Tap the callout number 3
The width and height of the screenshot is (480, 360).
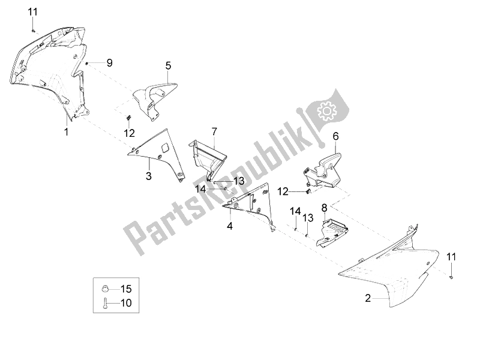148,176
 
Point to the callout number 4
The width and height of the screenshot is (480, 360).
230,226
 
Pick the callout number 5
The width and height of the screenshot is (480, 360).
168,65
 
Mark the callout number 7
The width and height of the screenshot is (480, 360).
213,130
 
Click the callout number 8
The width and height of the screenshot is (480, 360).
324,208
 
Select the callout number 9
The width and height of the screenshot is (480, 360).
109,62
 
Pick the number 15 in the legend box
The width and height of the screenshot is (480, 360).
125,287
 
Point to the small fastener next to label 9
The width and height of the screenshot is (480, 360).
88,62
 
